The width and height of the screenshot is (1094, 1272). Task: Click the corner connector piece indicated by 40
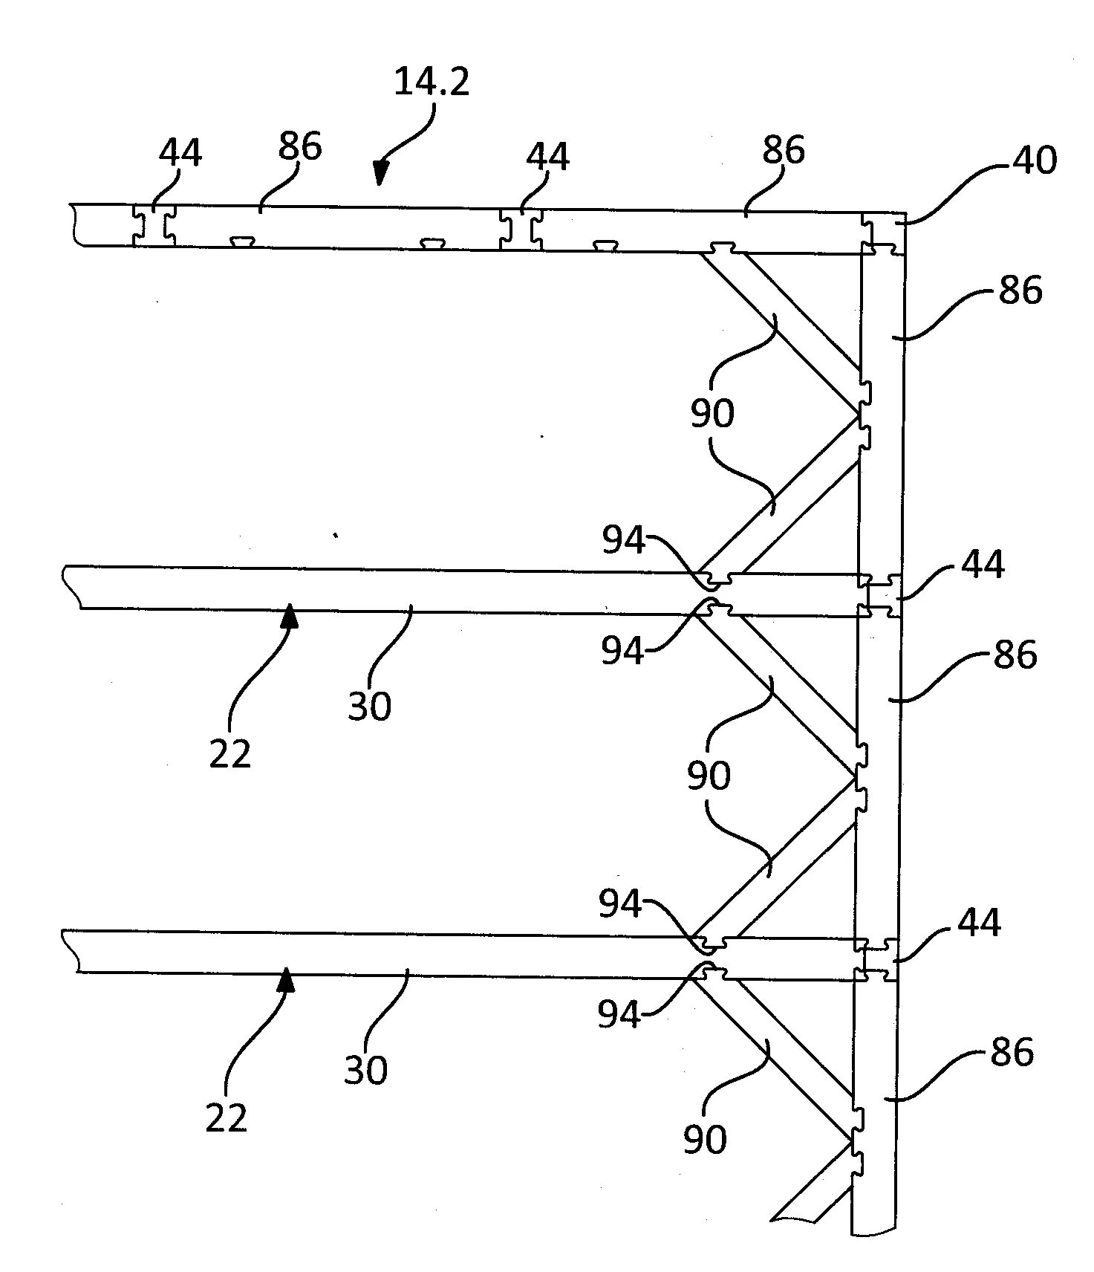(x=884, y=233)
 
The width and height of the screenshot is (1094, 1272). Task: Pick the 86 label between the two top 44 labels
(x=300, y=147)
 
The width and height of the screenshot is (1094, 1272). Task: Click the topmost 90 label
(x=712, y=413)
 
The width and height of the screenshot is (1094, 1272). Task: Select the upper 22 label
(x=230, y=755)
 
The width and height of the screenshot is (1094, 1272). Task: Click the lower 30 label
(x=366, y=1071)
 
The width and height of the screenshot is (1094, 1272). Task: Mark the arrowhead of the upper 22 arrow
(x=290, y=616)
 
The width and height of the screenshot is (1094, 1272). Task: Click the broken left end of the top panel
(x=74, y=224)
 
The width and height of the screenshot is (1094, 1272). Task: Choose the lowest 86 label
(x=1012, y=1053)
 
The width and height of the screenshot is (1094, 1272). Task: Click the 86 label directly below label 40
(x=1020, y=290)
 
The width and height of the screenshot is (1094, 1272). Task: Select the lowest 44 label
(x=979, y=922)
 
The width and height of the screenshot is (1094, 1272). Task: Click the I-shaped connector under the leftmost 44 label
(x=154, y=225)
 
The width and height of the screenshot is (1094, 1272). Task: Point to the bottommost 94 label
(x=619, y=1013)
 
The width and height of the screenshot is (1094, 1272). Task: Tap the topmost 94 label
(x=624, y=540)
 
